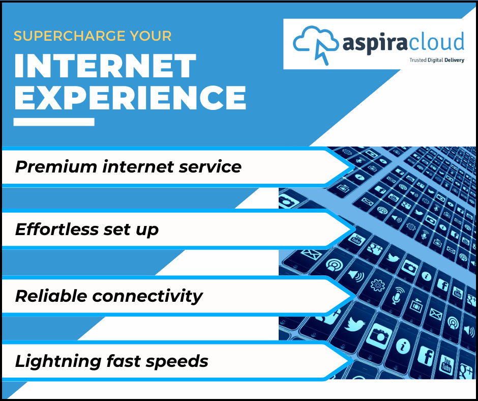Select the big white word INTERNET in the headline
click(x=105, y=67)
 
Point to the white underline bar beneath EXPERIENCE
click(x=54, y=122)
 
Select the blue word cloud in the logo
click(x=438, y=42)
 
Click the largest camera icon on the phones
click(x=377, y=336)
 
